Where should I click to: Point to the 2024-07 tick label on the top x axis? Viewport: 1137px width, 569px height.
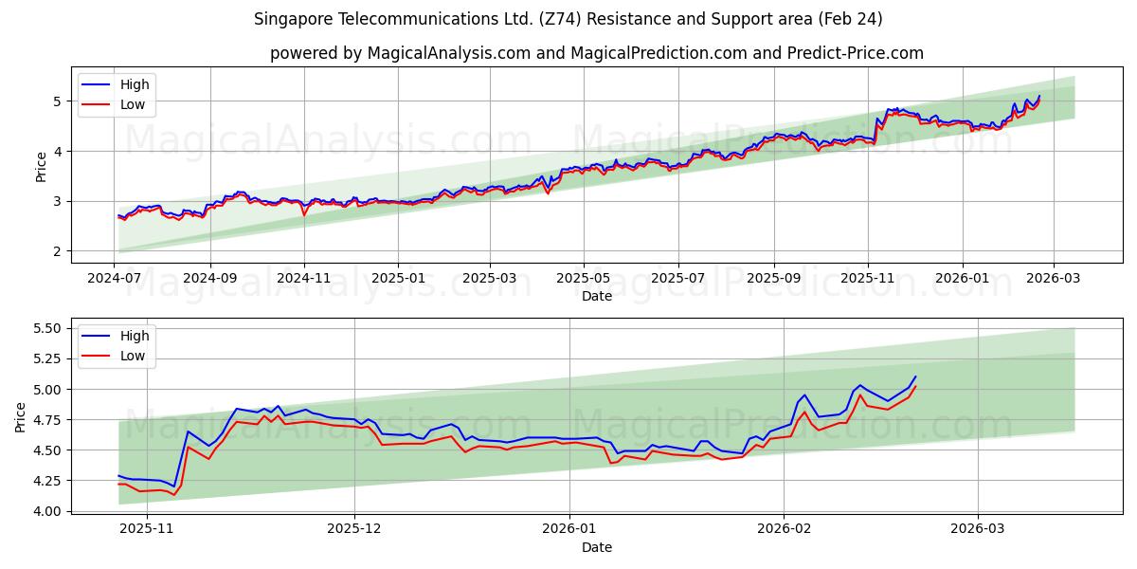click(x=115, y=279)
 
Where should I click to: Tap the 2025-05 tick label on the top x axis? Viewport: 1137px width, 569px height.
click(x=583, y=279)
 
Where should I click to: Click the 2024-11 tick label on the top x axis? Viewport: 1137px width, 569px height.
click(x=304, y=279)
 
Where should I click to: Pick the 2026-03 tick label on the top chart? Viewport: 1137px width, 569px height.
click(x=1055, y=279)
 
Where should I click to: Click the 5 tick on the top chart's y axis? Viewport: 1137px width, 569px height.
click(x=57, y=101)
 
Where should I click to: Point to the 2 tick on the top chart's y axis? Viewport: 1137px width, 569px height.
click(x=57, y=251)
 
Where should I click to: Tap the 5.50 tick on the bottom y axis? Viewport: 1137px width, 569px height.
click(x=46, y=328)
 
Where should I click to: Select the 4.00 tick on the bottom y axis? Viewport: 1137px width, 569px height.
click(x=46, y=511)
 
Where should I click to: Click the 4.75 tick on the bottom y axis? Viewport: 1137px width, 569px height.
click(x=46, y=419)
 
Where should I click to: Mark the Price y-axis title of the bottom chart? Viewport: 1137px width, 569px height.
click(x=20, y=416)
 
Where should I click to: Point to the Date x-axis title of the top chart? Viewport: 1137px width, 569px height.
click(x=597, y=296)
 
